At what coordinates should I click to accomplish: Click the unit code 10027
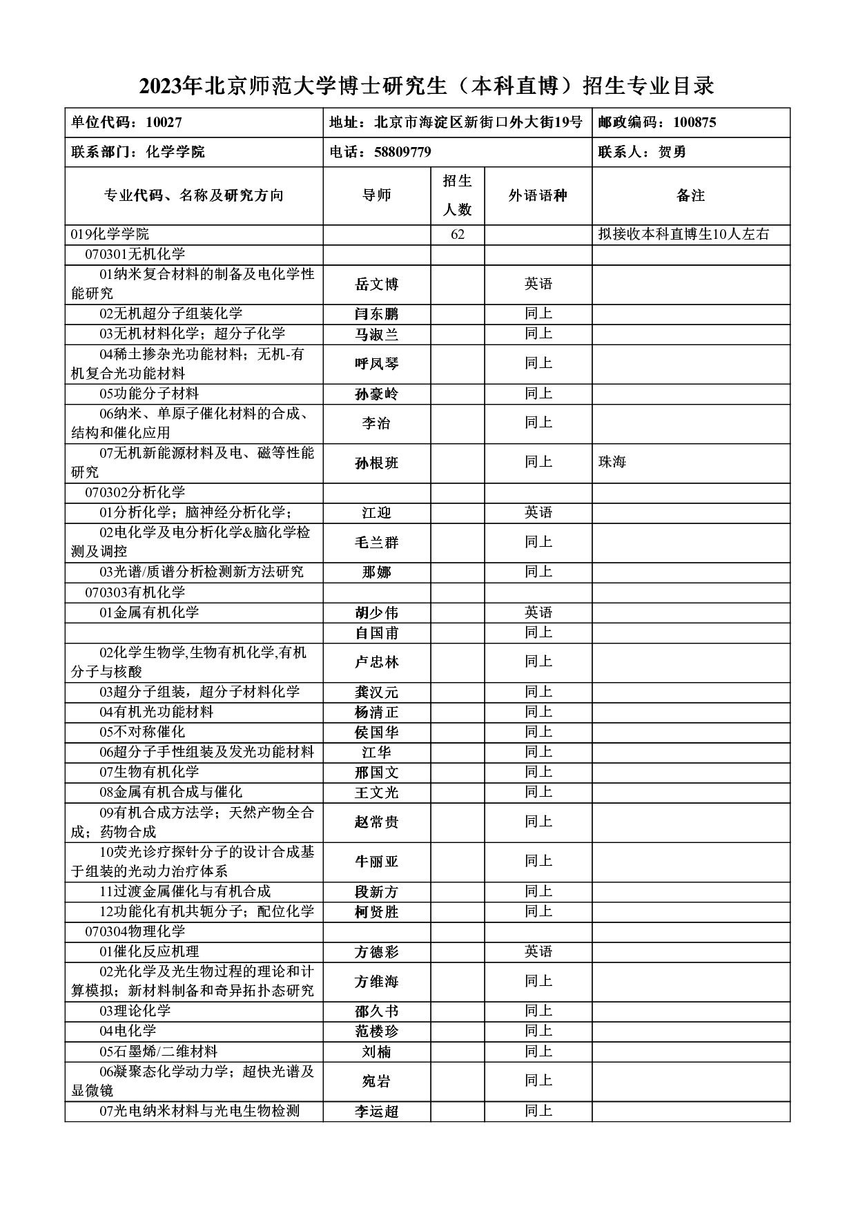pyautogui.click(x=164, y=123)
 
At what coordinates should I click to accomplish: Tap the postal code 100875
pyautogui.click(x=694, y=123)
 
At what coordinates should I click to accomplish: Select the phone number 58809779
pyautogui.click(x=402, y=152)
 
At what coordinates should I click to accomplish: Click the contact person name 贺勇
pyautogui.click(x=672, y=152)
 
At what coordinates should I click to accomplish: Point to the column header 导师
pyautogui.click(x=377, y=195)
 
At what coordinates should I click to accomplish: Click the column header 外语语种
pyautogui.click(x=538, y=195)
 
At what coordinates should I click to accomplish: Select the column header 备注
pyautogui.click(x=690, y=195)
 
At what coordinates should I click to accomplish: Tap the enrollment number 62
pyautogui.click(x=458, y=235)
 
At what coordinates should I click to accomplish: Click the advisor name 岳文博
pyautogui.click(x=377, y=284)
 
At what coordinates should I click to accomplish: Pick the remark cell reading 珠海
pyautogui.click(x=612, y=462)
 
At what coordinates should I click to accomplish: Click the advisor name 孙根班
pyautogui.click(x=377, y=463)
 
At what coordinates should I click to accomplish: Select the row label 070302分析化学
pyautogui.click(x=135, y=492)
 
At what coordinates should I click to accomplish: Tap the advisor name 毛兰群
pyautogui.click(x=377, y=543)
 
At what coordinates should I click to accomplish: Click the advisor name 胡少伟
pyautogui.click(x=377, y=613)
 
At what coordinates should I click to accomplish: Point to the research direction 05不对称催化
pyautogui.click(x=142, y=732)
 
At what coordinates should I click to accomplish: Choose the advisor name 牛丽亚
pyautogui.click(x=377, y=862)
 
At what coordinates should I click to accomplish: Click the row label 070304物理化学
pyautogui.click(x=135, y=931)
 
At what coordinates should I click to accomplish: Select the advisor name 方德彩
pyautogui.click(x=377, y=952)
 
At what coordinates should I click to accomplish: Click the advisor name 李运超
pyautogui.click(x=377, y=1112)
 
